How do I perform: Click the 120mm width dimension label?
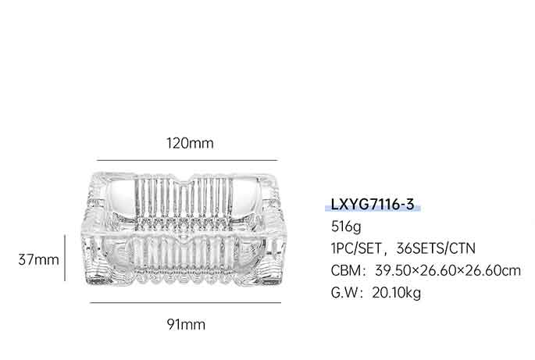point(189,143)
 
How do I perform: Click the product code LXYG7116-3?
point(372,204)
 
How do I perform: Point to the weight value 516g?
point(347,227)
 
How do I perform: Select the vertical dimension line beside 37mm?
point(65,258)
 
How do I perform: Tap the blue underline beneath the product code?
point(373,210)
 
